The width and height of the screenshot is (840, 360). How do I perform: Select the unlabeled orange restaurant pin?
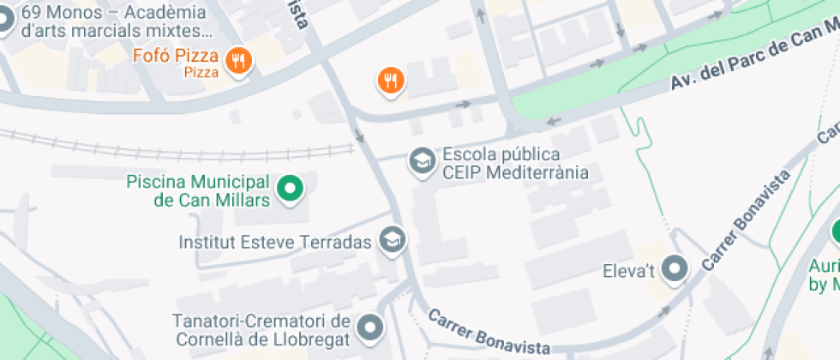pos(391,81)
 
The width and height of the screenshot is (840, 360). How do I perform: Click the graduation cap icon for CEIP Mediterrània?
pos(421,160)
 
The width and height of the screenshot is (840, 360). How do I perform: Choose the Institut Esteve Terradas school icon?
pos(393,241)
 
